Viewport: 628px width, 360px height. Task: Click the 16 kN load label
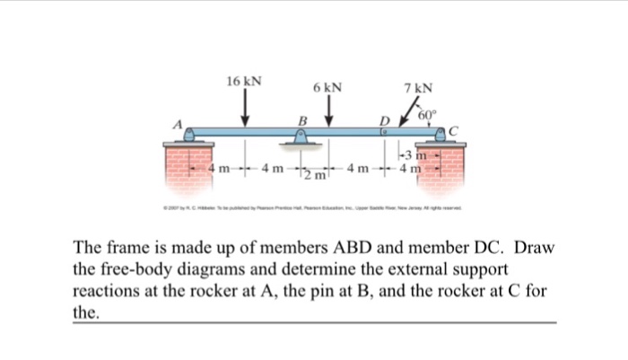click(244, 81)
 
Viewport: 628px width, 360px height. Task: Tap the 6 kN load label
click(327, 88)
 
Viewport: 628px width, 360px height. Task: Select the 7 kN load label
click(418, 88)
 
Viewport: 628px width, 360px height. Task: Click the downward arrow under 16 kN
click(244, 110)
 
